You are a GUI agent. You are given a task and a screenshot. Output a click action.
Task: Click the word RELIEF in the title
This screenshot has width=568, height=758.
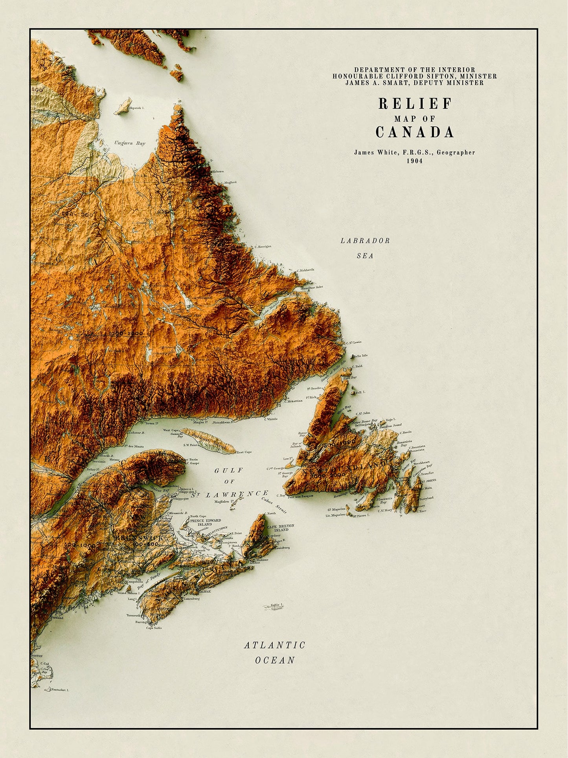(x=415, y=104)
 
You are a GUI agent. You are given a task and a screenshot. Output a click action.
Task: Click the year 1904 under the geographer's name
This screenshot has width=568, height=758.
(x=415, y=160)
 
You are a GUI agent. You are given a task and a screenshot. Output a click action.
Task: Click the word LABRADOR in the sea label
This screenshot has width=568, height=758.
(x=365, y=241)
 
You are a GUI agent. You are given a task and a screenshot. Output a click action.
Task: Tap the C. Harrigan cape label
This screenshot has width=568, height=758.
(x=263, y=247)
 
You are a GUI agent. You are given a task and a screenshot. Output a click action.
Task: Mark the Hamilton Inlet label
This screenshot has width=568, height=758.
(x=312, y=287)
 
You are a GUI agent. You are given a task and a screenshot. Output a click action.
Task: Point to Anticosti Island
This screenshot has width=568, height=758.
(x=208, y=441)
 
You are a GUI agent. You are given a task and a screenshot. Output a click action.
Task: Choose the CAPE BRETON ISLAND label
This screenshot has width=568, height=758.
(x=280, y=528)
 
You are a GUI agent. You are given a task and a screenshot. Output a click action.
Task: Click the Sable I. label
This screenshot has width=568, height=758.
(x=277, y=605)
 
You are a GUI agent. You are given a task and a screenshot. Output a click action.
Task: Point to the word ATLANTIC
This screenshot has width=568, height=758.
(x=275, y=645)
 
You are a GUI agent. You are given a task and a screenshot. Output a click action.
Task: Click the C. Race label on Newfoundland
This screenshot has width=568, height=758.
(x=421, y=511)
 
